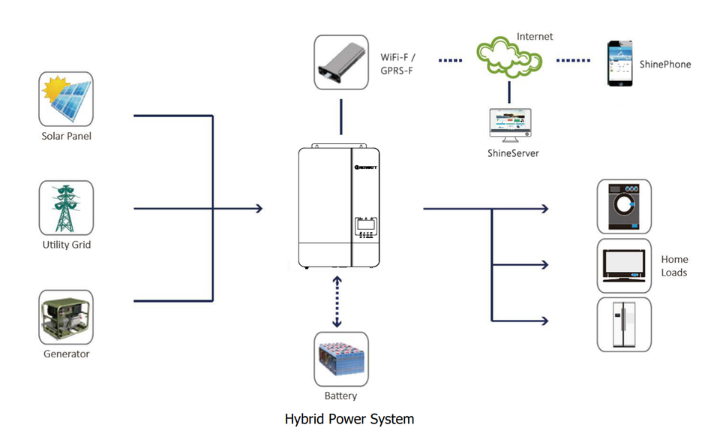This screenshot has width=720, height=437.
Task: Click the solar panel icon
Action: tap(66, 99)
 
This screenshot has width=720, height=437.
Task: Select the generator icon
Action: tap(66, 317)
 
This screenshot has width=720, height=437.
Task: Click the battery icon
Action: tap(340, 359)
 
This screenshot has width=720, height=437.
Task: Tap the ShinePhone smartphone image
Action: tap(619, 63)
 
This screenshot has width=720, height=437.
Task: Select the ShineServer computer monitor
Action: tap(510, 125)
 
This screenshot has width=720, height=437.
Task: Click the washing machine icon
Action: tap(624, 206)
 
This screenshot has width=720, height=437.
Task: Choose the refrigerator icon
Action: tap(624, 324)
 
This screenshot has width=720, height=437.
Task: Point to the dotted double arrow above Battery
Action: tap(337, 303)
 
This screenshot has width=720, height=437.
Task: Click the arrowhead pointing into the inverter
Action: tap(259, 208)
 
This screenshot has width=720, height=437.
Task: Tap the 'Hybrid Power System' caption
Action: tap(349, 419)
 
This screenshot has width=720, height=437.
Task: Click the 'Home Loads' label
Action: tap(673, 266)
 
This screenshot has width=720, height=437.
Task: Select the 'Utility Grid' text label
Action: tap(66, 245)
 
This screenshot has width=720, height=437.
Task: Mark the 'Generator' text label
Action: tap(66, 354)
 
